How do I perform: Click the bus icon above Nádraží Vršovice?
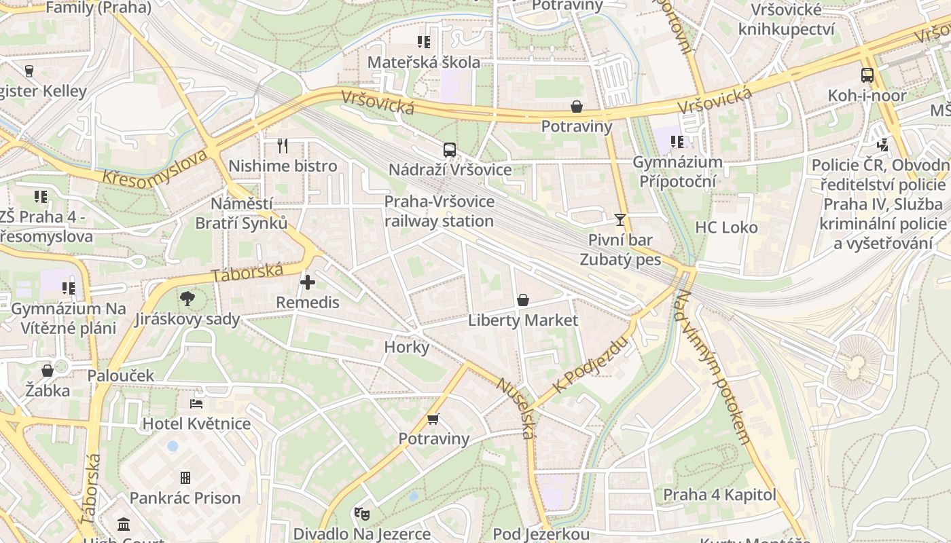tap(449, 150)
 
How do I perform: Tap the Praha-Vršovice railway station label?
tap(439, 211)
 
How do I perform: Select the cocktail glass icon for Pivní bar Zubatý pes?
tap(620, 219)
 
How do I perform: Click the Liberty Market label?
tap(523, 320)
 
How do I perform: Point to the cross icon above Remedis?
tap(307, 282)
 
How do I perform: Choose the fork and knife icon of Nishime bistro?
tap(283, 146)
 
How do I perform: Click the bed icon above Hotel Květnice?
tap(196, 404)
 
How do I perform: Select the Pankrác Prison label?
tap(185, 498)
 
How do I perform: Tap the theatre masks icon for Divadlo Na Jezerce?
tap(361, 514)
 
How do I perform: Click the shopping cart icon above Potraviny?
tap(433, 419)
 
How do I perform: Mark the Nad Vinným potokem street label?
tap(713, 367)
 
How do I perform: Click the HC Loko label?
tap(726, 227)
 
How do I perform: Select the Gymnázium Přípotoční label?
tap(677, 172)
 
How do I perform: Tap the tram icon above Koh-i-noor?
tap(867, 75)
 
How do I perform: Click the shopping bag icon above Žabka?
tap(48, 371)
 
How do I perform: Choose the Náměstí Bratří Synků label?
tap(241, 213)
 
